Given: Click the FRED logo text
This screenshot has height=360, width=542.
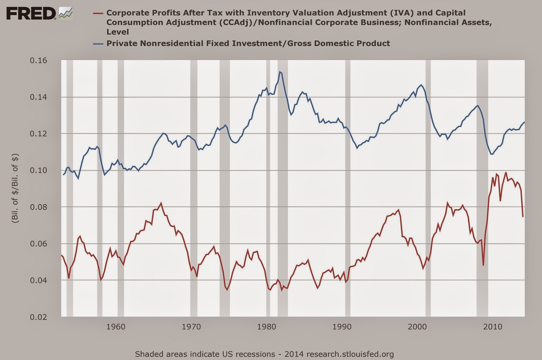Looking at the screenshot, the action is [31, 13].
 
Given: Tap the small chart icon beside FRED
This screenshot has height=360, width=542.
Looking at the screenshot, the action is [66, 13].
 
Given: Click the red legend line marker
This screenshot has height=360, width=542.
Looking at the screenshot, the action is [98, 13].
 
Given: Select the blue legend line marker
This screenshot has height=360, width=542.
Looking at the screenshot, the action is [98, 44].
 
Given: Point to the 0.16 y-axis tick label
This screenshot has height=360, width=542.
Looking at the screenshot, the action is [39, 61].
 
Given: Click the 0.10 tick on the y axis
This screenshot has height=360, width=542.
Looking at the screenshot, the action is [39, 170].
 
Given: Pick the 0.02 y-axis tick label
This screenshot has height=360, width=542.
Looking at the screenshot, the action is [39, 317].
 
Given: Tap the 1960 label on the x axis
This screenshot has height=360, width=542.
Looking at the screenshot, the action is [116, 327].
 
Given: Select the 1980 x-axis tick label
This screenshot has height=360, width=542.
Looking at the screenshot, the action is [266, 327].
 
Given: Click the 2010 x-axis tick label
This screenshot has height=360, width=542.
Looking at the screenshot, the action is [493, 327].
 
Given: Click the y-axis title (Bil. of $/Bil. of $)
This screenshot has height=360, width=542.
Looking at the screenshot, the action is [15, 188].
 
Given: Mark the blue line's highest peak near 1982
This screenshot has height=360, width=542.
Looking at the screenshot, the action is [280, 71].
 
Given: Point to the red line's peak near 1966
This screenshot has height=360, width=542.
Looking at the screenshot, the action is [161, 203].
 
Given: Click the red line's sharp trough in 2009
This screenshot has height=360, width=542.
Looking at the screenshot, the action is [483, 266].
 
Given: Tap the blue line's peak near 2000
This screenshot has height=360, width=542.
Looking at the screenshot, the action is [421, 85].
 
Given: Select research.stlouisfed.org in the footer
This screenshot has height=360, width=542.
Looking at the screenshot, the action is [350, 355].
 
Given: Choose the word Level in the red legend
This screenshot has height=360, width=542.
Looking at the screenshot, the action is [118, 32].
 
